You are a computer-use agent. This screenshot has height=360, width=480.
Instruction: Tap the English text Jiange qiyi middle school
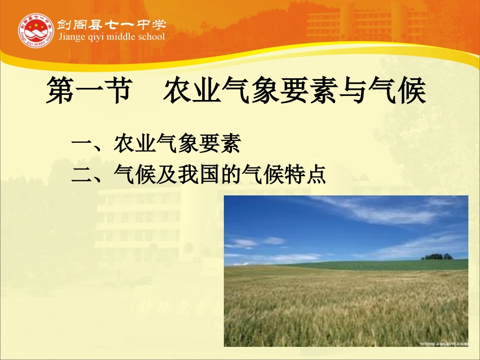coord(112,37)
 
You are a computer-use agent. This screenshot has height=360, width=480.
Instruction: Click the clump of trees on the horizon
coord(438,256)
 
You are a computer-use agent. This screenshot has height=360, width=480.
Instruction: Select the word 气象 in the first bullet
coord(176,145)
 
